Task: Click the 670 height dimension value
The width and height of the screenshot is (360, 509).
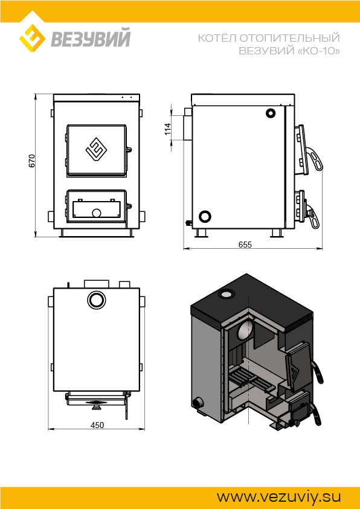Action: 31,161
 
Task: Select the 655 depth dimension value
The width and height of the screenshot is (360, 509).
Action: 245,245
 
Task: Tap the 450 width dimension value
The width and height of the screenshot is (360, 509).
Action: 97,425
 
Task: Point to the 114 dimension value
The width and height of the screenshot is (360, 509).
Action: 167,129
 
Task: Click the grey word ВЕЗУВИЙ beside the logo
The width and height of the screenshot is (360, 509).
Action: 91,38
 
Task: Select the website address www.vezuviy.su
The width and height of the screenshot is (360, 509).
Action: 279,497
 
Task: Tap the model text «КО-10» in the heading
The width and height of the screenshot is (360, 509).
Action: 319,51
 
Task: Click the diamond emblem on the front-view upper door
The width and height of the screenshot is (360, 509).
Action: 97,150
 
